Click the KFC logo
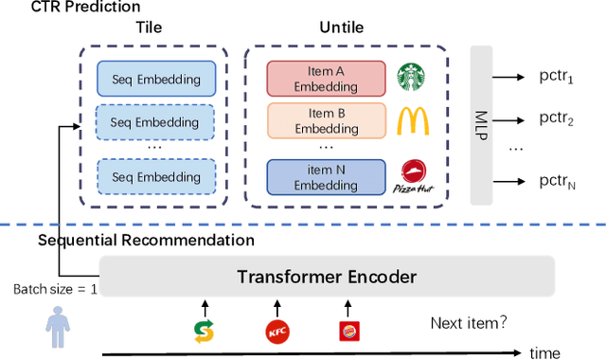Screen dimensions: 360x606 (276, 331)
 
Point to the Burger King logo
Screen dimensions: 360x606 (349, 331)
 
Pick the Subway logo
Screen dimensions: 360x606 (203, 331)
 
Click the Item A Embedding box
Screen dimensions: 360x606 (326, 80)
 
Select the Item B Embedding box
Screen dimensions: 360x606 (326, 121)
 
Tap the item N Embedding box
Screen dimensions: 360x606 (326, 176)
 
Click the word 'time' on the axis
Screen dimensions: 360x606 (544, 352)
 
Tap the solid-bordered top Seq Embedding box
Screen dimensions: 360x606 (156, 80)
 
